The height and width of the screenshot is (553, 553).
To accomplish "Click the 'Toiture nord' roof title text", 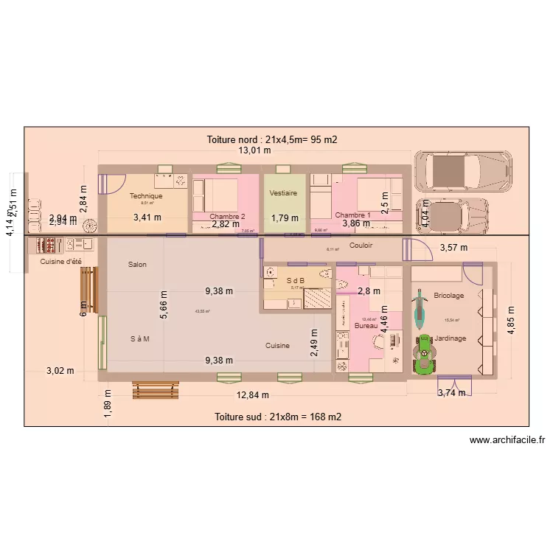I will [272, 139].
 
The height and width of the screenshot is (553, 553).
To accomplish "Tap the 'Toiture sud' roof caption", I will [277, 417].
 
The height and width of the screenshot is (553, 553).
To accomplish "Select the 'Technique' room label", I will [146, 196].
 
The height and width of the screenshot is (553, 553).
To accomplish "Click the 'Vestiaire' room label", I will [284, 193].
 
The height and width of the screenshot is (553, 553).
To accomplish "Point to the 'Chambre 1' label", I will [353, 215].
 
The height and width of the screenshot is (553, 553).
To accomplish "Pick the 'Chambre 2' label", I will [227, 216].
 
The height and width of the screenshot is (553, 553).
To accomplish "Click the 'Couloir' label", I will [361, 246].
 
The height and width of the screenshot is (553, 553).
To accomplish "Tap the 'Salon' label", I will [136, 264].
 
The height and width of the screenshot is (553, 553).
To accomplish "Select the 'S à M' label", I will [140, 339].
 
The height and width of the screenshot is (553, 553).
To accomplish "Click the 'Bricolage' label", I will [449, 296].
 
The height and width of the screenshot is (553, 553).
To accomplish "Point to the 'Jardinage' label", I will [450, 338].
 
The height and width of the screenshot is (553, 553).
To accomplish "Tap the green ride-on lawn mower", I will [425, 354].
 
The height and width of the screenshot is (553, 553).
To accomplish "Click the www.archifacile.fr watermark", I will [507, 441].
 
